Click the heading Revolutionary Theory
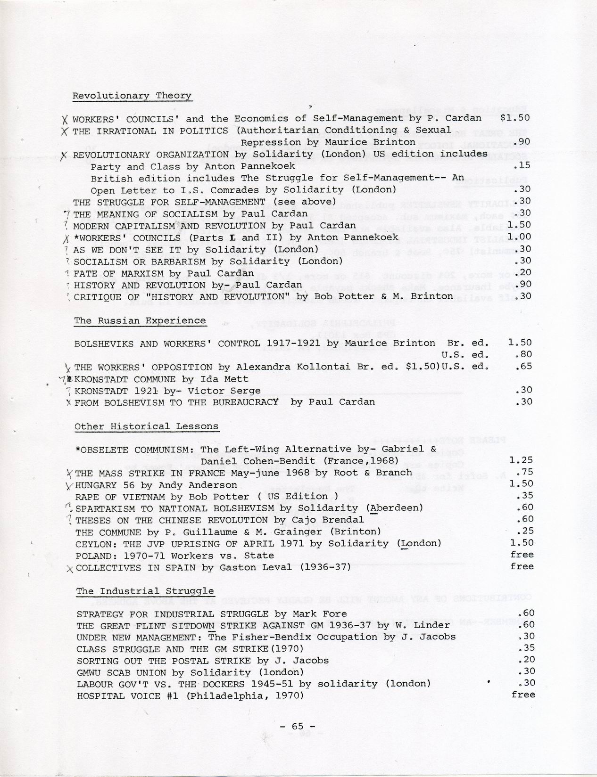coord(132,96)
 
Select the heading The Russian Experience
coord(140,321)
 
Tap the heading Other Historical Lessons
coord(146,426)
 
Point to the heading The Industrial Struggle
coord(145,591)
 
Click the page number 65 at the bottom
coord(297,726)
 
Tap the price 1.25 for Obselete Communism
coord(522,460)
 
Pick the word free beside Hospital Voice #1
coord(523,695)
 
